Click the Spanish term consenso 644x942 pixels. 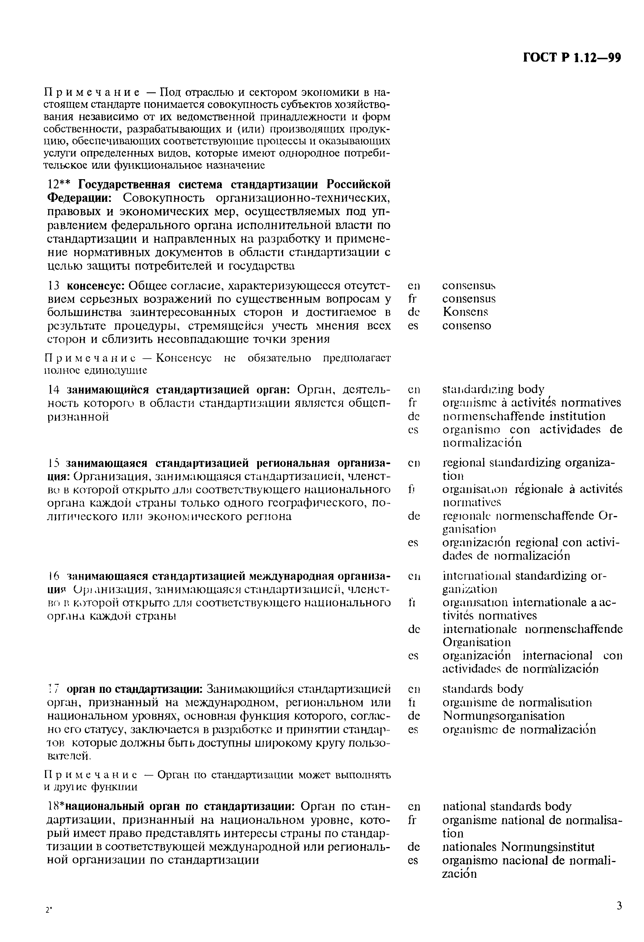pyautogui.click(x=467, y=326)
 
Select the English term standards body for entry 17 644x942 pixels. pyautogui.click(x=483, y=689)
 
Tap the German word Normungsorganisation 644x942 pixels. pyautogui.click(x=503, y=716)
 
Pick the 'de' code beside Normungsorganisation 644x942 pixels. pyautogui.click(x=413, y=716)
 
